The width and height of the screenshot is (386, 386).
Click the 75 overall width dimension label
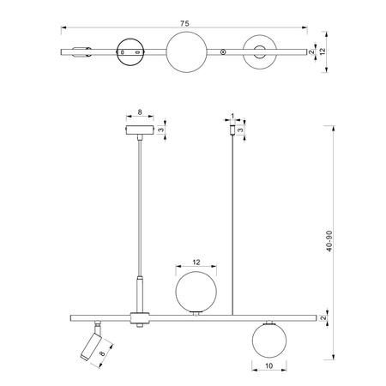(184, 23)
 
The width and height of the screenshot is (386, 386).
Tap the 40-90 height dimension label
(329, 241)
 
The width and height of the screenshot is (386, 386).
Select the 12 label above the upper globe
(196, 262)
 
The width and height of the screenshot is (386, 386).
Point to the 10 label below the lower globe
(269, 365)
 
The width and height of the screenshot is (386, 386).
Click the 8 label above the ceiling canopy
(140, 112)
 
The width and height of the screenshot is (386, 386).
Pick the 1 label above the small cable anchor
(232, 116)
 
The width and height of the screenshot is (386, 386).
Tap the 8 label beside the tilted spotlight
(102, 353)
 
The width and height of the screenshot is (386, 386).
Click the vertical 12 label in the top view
(323, 51)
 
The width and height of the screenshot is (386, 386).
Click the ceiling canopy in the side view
(140, 130)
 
